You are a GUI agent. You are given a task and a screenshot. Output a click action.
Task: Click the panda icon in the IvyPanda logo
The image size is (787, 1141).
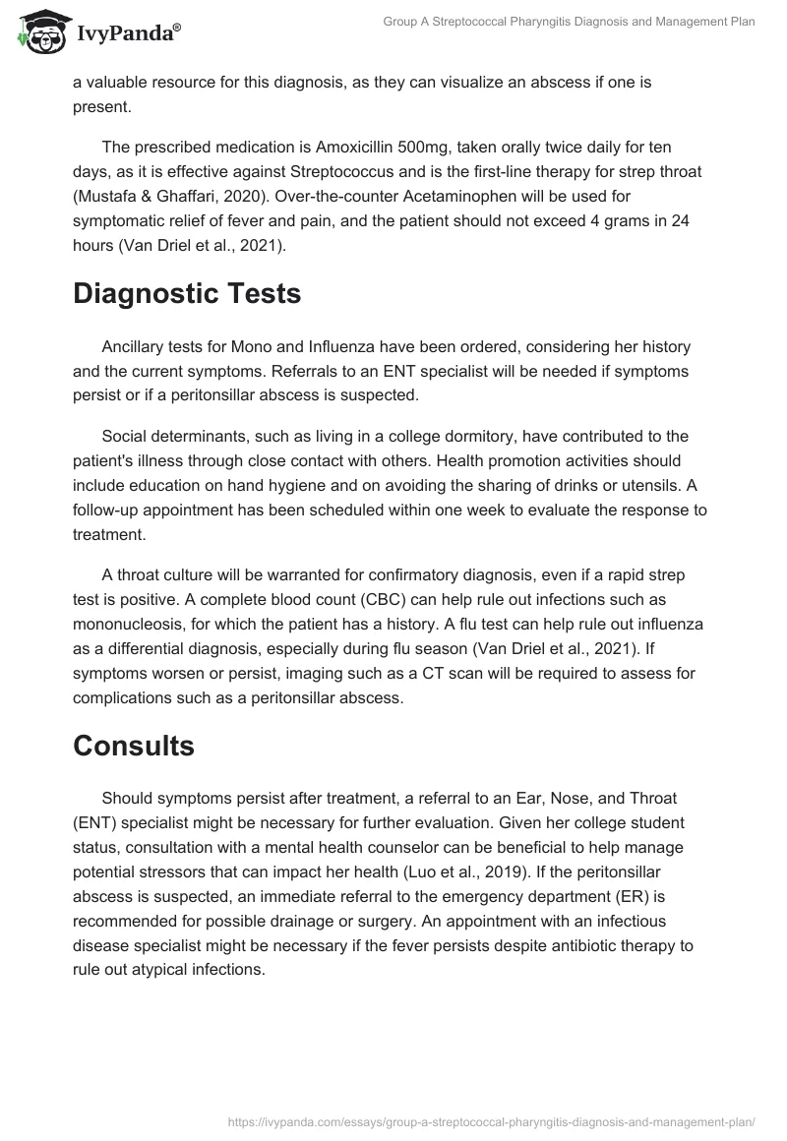pos(37,33)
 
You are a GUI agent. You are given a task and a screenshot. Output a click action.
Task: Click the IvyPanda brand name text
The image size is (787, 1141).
pos(127,35)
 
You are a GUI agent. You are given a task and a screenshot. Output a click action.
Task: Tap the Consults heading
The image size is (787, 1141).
pos(134,746)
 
